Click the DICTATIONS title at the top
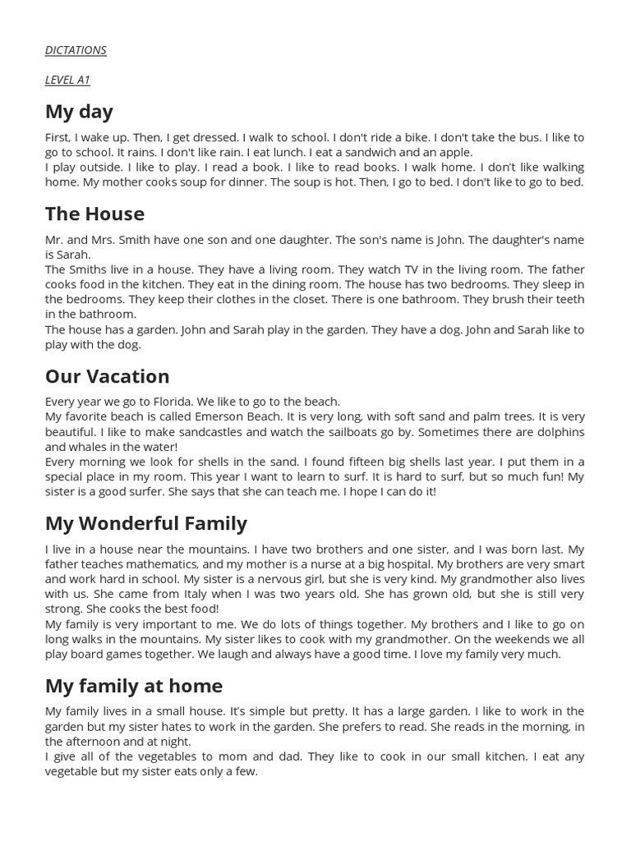coord(76,50)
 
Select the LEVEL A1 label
coord(67,80)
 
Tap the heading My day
coord(79,112)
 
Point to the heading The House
coord(94,214)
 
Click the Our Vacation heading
coord(107,376)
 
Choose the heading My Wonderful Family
coord(145,523)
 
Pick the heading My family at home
coord(133,685)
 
